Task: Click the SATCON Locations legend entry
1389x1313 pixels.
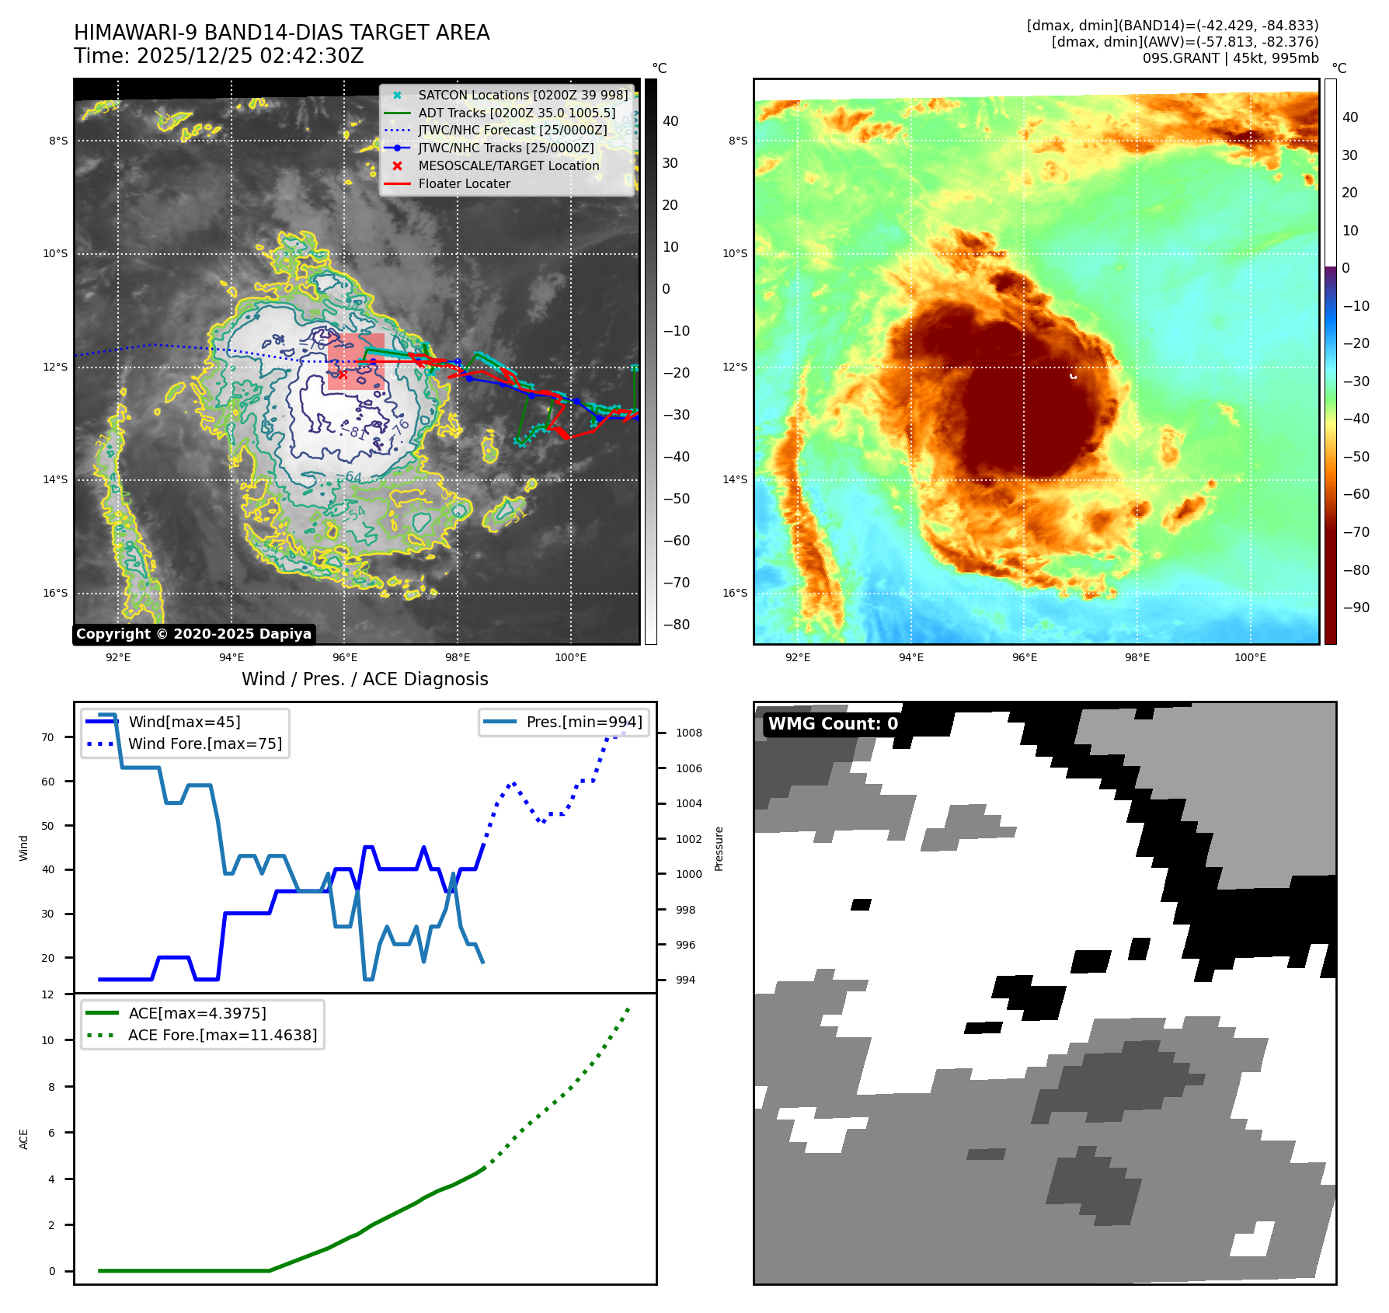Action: pyautogui.click(x=522, y=96)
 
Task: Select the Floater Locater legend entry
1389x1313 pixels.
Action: pyautogui.click(x=464, y=184)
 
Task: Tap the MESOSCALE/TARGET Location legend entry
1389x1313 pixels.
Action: pyautogui.click(x=508, y=166)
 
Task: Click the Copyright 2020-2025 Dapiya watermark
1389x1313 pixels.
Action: pyautogui.click(x=193, y=634)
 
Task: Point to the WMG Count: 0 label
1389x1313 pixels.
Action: pyautogui.click(x=833, y=724)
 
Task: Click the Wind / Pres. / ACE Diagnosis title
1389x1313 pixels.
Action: pyautogui.click(x=364, y=679)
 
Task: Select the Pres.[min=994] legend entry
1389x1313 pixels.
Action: pyautogui.click(x=583, y=722)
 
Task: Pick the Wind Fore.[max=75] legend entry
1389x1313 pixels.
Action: pyautogui.click(x=205, y=744)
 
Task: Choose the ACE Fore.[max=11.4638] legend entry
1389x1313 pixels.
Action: pyautogui.click(x=222, y=1035)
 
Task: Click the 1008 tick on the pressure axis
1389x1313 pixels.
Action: pyautogui.click(x=688, y=733)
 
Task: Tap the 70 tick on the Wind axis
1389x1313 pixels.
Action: pyautogui.click(x=48, y=737)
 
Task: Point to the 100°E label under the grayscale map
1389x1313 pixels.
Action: pyautogui.click(x=570, y=658)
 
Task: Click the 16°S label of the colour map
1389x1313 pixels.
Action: pyautogui.click(x=735, y=593)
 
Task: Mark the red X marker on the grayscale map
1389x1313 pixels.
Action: pyautogui.click(x=343, y=374)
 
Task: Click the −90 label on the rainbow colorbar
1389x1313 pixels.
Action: pyautogui.click(x=1356, y=608)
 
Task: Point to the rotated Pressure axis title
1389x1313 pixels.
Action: pyautogui.click(x=719, y=848)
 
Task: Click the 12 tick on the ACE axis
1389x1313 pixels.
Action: pyautogui.click(x=48, y=994)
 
